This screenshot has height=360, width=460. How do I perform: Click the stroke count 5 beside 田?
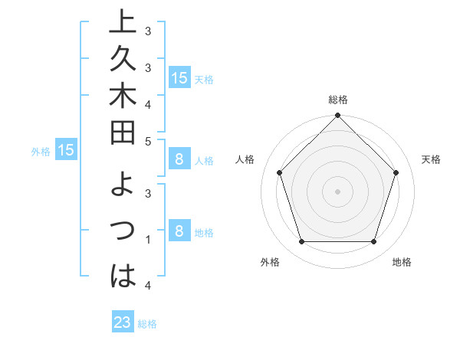[148, 140]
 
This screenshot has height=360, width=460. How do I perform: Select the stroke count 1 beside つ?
[148, 240]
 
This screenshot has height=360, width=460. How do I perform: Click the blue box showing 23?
[123, 322]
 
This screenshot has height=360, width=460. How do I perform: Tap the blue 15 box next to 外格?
[66, 150]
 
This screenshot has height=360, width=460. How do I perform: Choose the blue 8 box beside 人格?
[179, 159]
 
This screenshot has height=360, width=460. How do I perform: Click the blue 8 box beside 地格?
[179, 231]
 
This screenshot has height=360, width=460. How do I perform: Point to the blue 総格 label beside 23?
[147, 324]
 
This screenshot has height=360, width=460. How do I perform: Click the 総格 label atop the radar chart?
[338, 100]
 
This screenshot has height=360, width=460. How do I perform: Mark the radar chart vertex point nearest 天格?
[396, 172]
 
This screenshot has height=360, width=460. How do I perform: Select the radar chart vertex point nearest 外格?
[301, 242]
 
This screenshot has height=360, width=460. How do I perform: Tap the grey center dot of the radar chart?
[337, 191]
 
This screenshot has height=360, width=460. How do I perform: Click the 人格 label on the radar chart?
[245, 159]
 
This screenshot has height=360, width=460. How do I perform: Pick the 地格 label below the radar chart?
[402, 262]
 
